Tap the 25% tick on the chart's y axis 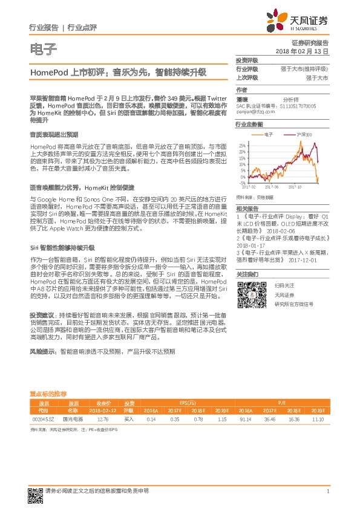242,146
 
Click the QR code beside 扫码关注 251,295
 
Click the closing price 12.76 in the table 102,418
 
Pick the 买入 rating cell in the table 129,418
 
